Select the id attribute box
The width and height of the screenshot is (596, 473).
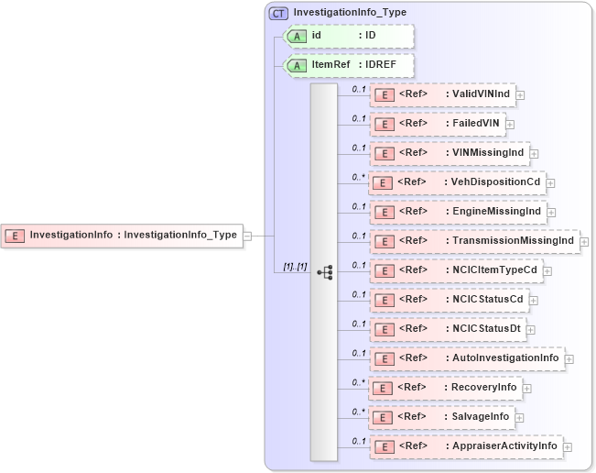pos(350,36)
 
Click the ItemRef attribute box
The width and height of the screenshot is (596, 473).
pos(350,65)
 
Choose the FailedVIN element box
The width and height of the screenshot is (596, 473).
pos(437,124)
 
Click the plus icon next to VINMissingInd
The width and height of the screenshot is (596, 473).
pos(534,153)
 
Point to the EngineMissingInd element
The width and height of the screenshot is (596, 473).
pos(457,212)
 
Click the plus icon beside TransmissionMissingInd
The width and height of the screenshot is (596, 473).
pos(585,241)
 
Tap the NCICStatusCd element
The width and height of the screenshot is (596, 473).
pos(448,300)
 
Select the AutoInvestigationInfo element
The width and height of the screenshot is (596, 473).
pos(467,358)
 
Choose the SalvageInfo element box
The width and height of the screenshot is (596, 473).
pos(441,417)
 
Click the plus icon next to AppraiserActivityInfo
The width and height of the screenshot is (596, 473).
pos(569,446)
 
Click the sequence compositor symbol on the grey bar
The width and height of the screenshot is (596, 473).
pos(324,272)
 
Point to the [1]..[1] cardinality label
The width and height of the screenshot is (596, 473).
pos(295,266)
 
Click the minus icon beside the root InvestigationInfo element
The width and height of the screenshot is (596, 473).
pos(247,236)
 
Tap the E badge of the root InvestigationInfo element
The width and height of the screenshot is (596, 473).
pos(15,236)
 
